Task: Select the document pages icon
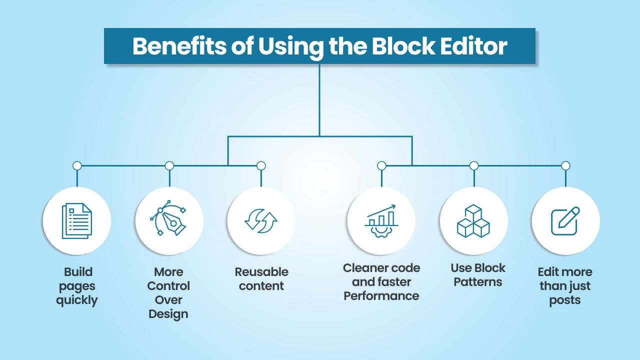pos(77,220)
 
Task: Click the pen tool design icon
pos(169,220)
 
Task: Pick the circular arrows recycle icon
pos(261,220)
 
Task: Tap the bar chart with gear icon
pos(381,220)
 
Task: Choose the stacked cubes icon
pos(473,220)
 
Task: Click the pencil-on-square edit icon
pos(565,220)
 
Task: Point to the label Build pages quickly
pos(77,286)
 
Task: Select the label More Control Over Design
pos(169,293)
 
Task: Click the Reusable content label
pos(261,279)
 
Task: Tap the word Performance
pos(381,296)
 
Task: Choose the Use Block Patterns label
pos(478,275)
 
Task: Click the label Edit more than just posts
pos(565,286)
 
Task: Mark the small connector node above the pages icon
pos(77,165)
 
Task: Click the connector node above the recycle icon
pos(261,165)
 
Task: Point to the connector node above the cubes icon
pos(474,165)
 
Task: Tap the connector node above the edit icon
pos(565,165)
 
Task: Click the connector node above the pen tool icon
pos(169,165)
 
